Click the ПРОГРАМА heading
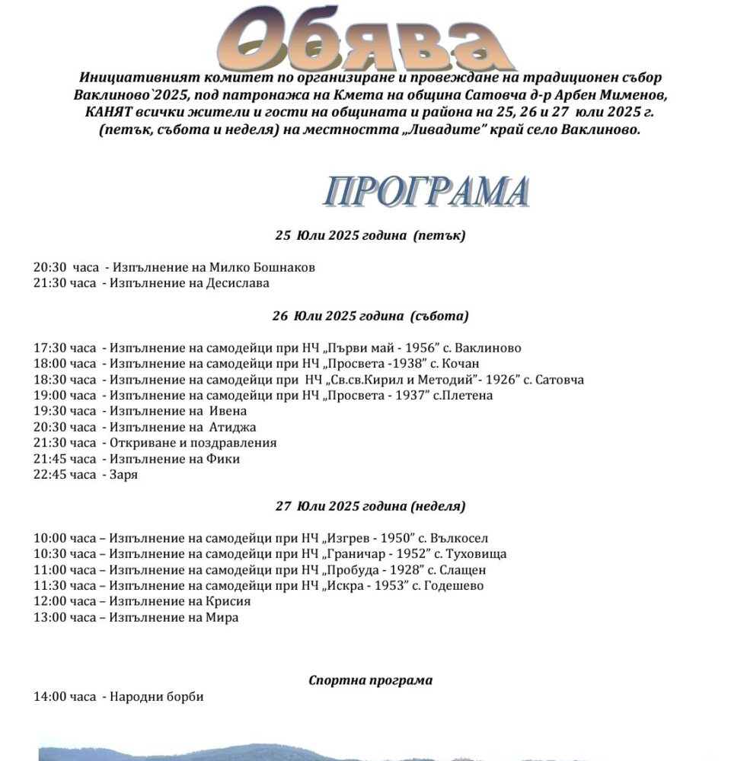coord(426,192)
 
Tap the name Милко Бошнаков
coord(260,268)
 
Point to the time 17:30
coord(49,349)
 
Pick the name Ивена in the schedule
coord(228,412)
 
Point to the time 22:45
coord(49,475)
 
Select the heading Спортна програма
coord(370,680)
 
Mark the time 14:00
coord(49,697)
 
